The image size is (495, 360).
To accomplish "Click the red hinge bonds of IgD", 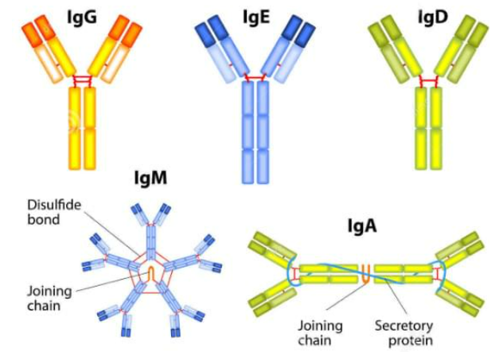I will tap(431, 81).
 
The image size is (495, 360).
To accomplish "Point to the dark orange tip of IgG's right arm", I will tap(127, 29).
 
